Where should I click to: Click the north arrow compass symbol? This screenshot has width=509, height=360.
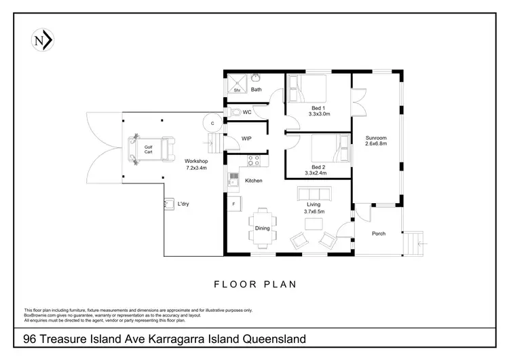pos(43,41)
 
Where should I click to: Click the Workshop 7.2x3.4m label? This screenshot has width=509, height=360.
pos(197,164)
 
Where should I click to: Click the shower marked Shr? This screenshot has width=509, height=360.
pos(238,84)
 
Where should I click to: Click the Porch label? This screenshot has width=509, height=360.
pos(379,234)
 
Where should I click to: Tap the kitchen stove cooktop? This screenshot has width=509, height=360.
pos(254,161)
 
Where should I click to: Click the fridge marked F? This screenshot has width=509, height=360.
pos(234,203)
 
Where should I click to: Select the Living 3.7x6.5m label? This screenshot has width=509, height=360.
pos(314,209)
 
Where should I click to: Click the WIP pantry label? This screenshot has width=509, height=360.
pos(247,139)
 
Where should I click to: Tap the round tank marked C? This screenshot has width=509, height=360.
pos(212,123)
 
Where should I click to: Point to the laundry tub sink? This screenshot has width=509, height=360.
pos(167,202)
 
